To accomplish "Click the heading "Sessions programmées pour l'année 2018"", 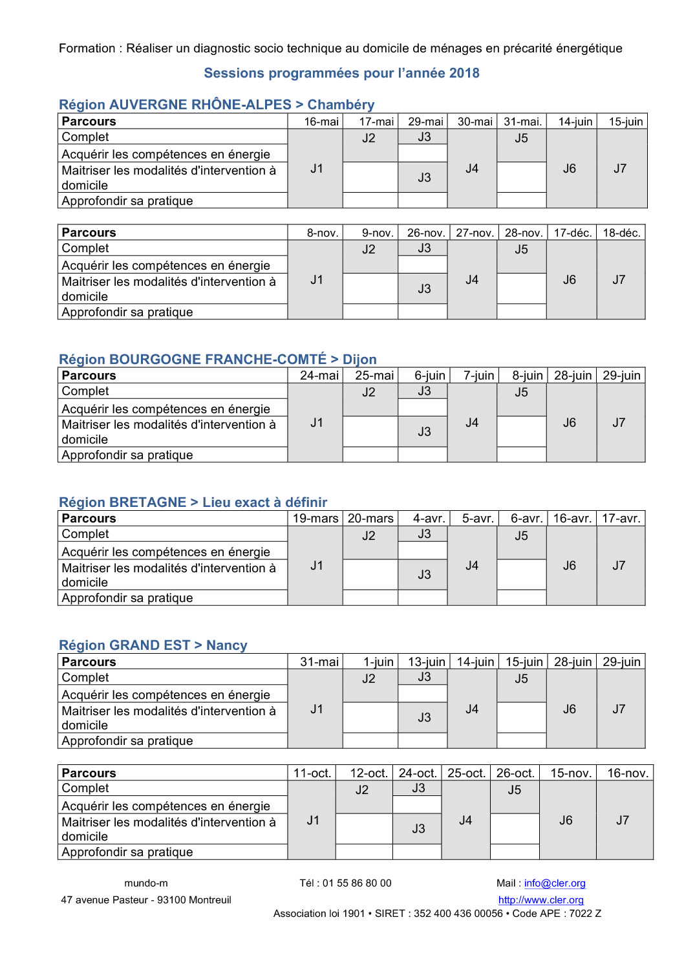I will pyautogui.click(x=341, y=73).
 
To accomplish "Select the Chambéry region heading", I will pyautogui.click(x=217, y=105).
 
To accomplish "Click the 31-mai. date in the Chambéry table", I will pyautogui.click(x=522, y=122).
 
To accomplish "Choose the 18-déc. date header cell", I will pyautogui.click(x=621, y=233).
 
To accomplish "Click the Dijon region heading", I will pyautogui.click(x=217, y=360).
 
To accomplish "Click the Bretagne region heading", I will pyautogui.click(x=193, y=502).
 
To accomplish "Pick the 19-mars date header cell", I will pyautogui.click(x=315, y=519).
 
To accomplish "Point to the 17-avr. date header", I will pyautogui.click(x=621, y=519).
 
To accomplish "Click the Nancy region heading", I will pyautogui.click(x=153, y=645).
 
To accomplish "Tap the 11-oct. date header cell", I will pyautogui.click(x=312, y=773).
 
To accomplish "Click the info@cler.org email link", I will pyautogui.click(x=555, y=883).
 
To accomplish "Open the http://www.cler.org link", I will pyautogui.click(x=540, y=900).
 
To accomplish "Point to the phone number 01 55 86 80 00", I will pyautogui.click(x=357, y=883).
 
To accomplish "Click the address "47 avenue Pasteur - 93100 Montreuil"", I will pyautogui.click(x=146, y=900).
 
